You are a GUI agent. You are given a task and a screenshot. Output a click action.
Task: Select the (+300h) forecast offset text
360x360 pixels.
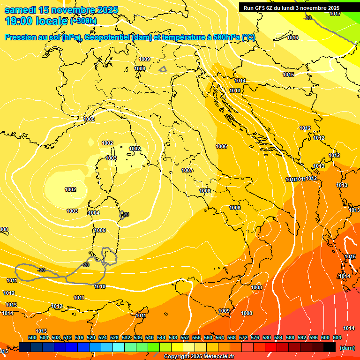pos(83,21)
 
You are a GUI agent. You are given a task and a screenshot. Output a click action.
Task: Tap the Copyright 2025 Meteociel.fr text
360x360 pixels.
pos(199,356)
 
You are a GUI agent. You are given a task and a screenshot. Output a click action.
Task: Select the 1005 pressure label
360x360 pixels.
pos(89,120)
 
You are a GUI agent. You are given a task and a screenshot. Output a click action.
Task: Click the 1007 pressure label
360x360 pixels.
pos(187,170)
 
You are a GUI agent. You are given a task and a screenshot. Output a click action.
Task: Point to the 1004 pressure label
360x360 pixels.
pos(94,213)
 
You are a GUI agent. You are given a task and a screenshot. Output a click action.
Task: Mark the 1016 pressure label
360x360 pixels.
pos(292,37)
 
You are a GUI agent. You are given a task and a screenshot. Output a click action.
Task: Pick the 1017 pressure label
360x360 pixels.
pos(335,14)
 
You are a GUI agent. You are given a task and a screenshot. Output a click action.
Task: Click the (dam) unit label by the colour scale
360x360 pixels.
pos(347,348)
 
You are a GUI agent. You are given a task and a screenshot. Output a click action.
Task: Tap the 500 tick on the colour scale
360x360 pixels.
pos(32,337)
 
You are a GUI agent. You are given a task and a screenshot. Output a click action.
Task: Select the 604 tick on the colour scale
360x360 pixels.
pos(337,337)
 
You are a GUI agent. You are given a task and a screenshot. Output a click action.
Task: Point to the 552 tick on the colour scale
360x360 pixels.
pos(185,337)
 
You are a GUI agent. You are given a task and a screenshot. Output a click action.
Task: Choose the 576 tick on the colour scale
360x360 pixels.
pos(255,337)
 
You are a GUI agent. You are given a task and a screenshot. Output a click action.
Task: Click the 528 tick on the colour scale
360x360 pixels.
pos(114,337)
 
